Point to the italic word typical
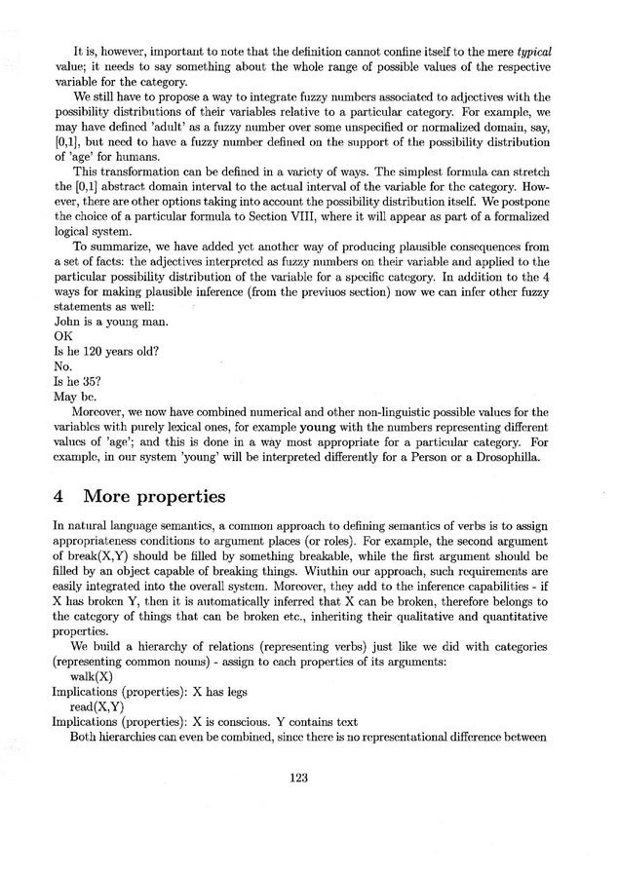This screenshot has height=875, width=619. coord(534,50)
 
